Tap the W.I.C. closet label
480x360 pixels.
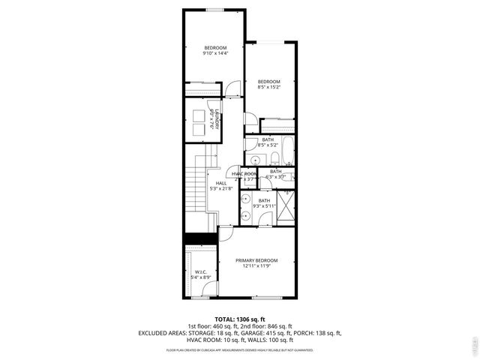[200, 271]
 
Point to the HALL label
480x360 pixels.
[221, 183]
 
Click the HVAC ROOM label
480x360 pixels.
[244, 174]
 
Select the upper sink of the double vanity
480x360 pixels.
[245, 199]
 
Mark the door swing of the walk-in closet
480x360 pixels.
[208, 238]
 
